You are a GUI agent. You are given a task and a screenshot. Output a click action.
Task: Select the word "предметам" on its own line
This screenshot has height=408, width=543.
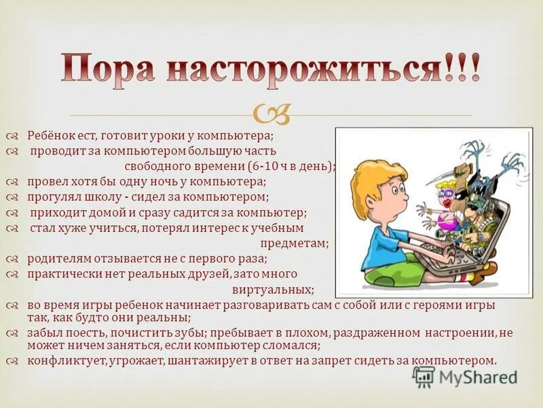click(x=294, y=243)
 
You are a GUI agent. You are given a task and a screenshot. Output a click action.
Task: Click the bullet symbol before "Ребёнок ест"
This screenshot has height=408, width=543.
click(x=14, y=136)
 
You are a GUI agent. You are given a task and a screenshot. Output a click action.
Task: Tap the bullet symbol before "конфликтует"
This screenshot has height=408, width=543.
click(x=14, y=361)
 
